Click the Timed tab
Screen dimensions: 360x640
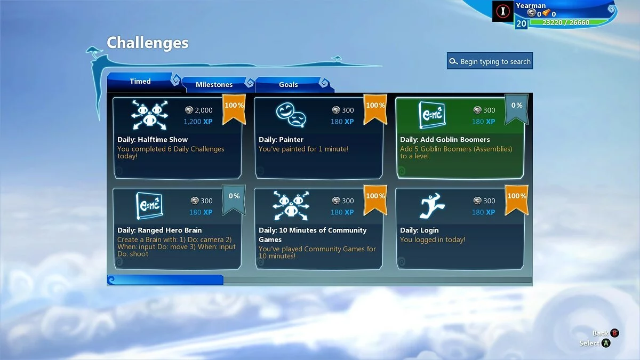pos(140,82)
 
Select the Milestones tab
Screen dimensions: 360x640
pos(214,85)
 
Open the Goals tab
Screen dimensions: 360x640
pos(289,85)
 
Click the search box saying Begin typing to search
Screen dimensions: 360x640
pos(490,61)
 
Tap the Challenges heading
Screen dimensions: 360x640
pos(147,43)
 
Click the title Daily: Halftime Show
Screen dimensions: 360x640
pos(153,140)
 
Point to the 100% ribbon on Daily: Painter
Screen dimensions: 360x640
pos(375,107)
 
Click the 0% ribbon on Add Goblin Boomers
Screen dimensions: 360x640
pos(516,107)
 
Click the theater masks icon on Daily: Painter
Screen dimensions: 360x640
pos(290,114)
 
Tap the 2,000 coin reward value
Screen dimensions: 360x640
pos(203,110)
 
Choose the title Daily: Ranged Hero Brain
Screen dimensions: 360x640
pos(159,230)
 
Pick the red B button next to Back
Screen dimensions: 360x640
pos(614,333)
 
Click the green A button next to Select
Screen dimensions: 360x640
pos(606,343)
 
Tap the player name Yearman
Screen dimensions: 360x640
pos(531,6)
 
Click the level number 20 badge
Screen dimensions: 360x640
pos(521,23)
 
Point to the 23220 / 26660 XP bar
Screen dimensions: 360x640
pos(567,22)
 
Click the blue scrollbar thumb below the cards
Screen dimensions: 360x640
pos(165,279)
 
